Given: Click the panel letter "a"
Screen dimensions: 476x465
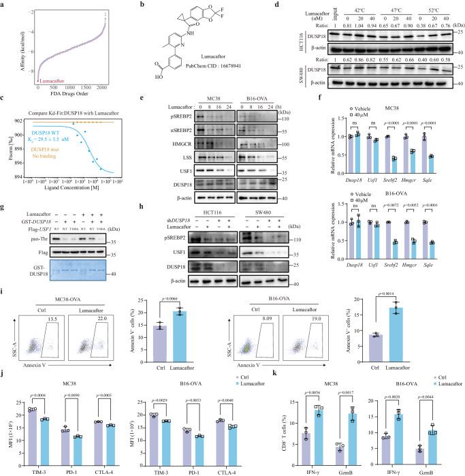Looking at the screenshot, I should (x=3, y=5).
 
